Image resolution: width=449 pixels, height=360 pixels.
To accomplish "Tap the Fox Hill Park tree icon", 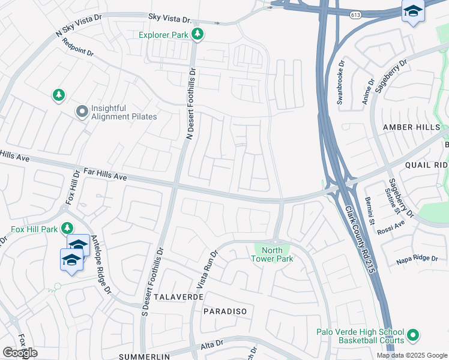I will [x=68, y=228].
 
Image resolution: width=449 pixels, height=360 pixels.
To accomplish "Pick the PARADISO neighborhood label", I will [x=225, y=311].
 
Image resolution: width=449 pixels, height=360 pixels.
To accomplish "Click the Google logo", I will [x=20, y=353].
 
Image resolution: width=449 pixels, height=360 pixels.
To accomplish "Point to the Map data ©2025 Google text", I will [x=411, y=355].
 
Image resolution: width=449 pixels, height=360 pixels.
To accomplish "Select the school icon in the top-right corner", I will [x=412, y=11].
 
